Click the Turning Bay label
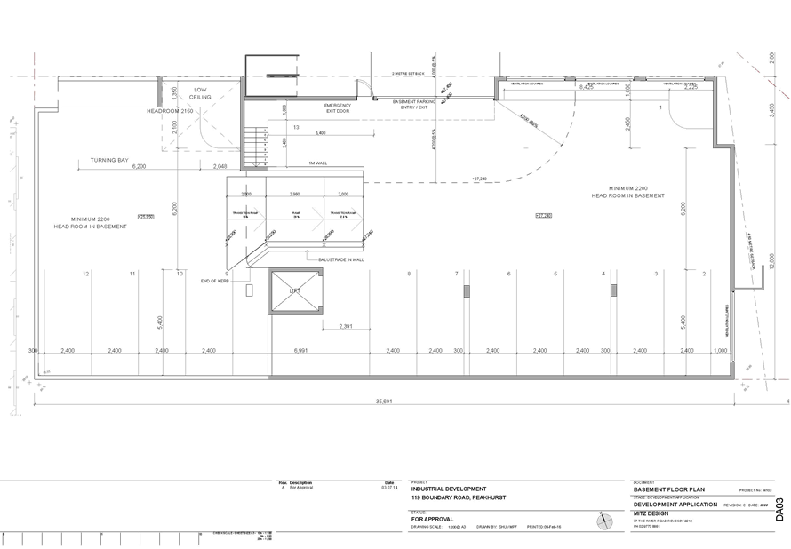(110, 160)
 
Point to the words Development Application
(675, 504)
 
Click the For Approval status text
(434, 518)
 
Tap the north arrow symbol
(605, 521)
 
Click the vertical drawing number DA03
(780, 510)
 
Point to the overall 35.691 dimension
(384, 402)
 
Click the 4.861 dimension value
(301, 351)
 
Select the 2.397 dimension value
(345, 327)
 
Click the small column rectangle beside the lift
(249, 290)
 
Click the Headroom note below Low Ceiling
(169, 110)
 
